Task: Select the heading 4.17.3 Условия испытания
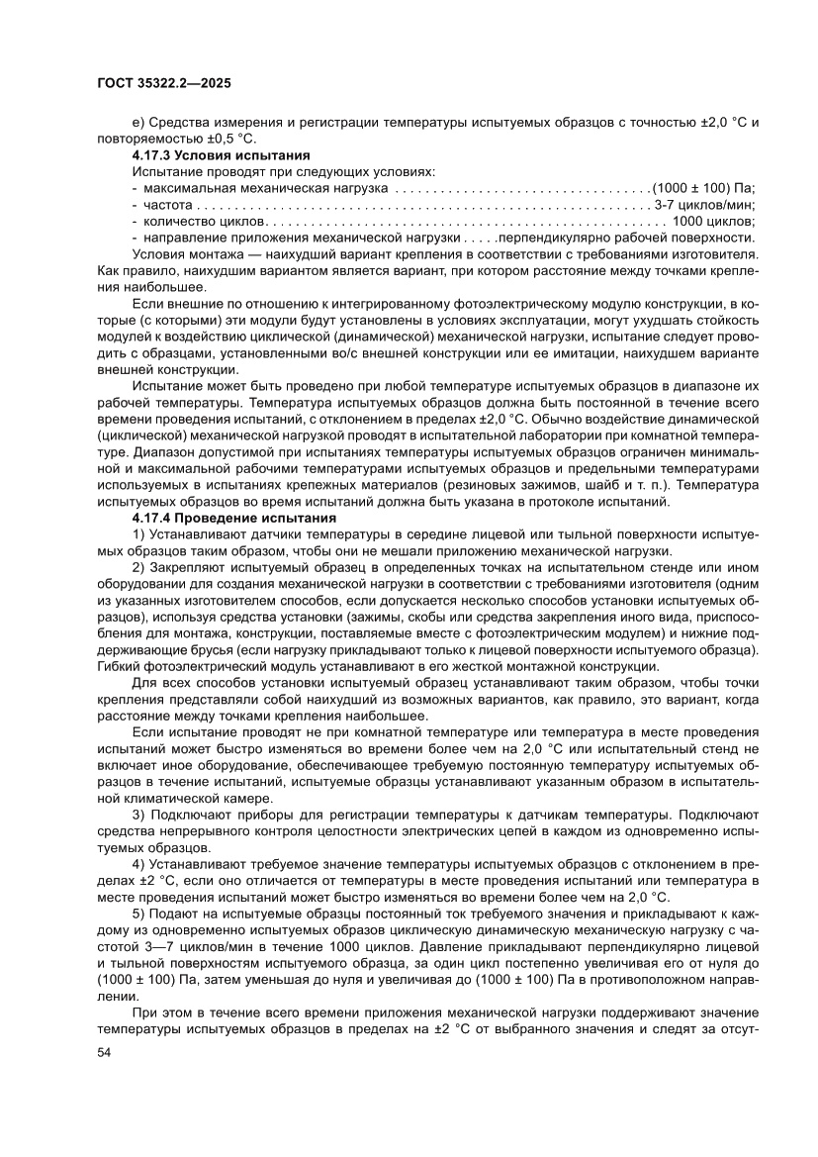click(222, 155)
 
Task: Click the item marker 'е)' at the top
click(138, 123)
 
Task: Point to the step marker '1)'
click(138, 534)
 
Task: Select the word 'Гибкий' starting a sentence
click(119, 665)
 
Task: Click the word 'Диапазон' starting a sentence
click(136, 452)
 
